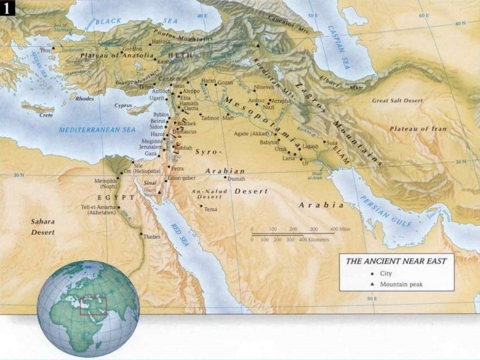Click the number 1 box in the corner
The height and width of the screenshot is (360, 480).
pyautogui.click(x=9, y=8)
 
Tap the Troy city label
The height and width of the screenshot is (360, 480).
pyautogui.click(x=45, y=50)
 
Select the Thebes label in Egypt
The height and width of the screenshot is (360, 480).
pyautogui.click(x=152, y=237)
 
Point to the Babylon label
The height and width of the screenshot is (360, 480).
pyautogui.click(x=269, y=142)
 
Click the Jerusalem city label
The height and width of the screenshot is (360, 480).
pyautogui.click(x=150, y=147)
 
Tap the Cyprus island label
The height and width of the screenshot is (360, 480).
pyautogui.click(x=124, y=105)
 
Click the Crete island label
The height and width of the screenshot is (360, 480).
pyautogui.click(x=46, y=115)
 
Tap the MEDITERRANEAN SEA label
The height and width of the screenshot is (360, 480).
pyautogui.click(x=97, y=129)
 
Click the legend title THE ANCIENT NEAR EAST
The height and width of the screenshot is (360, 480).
pyautogui.click(x=395, y=261)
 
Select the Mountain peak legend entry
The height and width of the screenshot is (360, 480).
pyautogui.click(x=401, y=285)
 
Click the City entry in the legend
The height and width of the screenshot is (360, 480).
pyautogui.click(x=386, y=274)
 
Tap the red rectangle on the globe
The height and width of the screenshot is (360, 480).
pyautogui.click(x=93, y=306)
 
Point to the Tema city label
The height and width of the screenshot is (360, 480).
pyautogui.click(x=211, y=209)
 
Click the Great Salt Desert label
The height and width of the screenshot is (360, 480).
pyautogui.click(x=397, y=101)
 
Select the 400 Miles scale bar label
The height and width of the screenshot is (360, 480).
pyautogui.click(x=339, y=229)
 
